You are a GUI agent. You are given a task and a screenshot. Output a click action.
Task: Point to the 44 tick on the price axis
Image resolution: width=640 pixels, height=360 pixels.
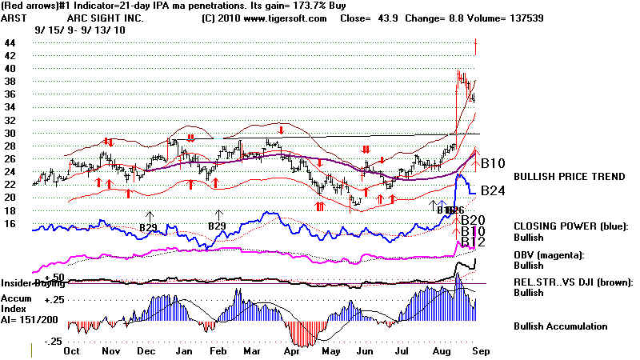pyautogui.click(x=9, y=42)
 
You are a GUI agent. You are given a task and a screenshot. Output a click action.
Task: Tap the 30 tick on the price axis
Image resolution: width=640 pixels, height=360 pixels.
pyautogui.click(x=9, y=133)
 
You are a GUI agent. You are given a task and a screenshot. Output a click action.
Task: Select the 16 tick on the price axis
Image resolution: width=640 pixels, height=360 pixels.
pyautogui.click(x=9, y=223)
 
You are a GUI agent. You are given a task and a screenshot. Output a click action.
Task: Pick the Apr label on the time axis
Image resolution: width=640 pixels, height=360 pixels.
pyautogui.click(x=290, y=350)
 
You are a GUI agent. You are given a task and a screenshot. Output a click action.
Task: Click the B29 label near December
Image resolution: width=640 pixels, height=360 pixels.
pyautogui.click(x=149, y=226)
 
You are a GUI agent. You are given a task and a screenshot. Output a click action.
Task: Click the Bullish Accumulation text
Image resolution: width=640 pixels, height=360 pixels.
pyautogui.click(x=560, y=326)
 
